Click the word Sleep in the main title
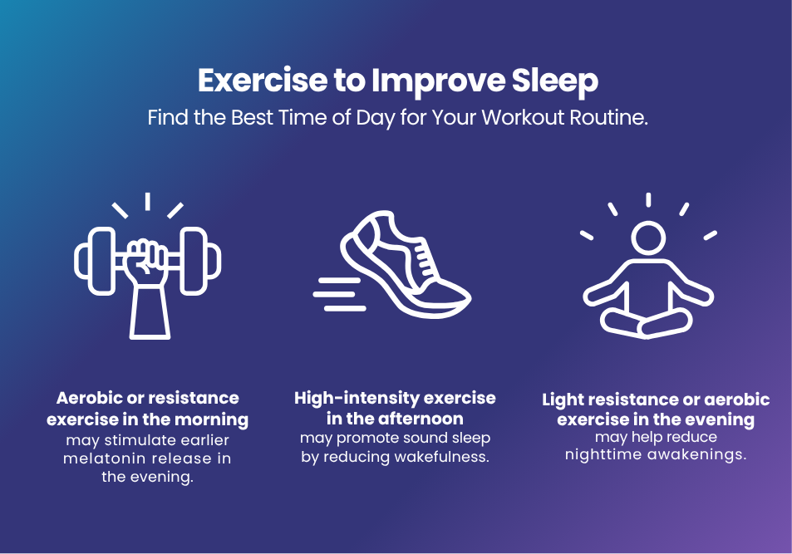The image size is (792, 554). click(554, 81)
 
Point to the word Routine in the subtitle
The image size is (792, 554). click(608, 118)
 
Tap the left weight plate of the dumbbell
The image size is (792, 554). click(101, 261)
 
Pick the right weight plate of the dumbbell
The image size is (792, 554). click(194, 261)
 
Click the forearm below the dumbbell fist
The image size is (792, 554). click(150, 313)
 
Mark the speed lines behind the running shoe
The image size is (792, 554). click(339, 294)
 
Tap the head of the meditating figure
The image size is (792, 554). click(648, 238)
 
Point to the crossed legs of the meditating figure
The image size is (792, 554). click(646, 323)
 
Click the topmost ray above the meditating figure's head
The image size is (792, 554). click(648, 199)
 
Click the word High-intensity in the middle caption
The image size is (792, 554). click(357, 399)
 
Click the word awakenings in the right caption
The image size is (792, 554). click(697, 454)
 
